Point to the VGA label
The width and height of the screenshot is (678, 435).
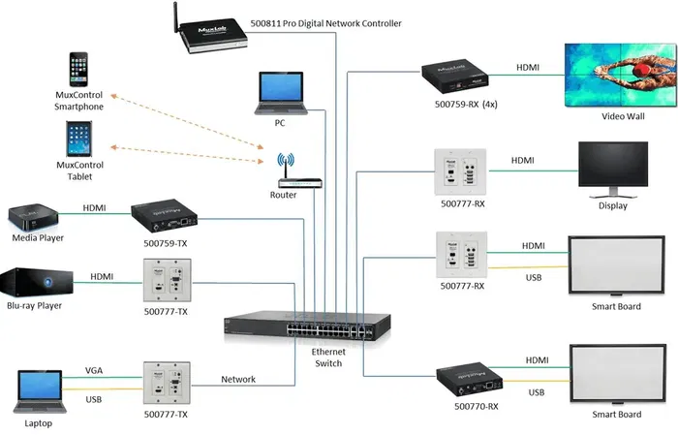point(94,370)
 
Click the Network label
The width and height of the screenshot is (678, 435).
point(238,380)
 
